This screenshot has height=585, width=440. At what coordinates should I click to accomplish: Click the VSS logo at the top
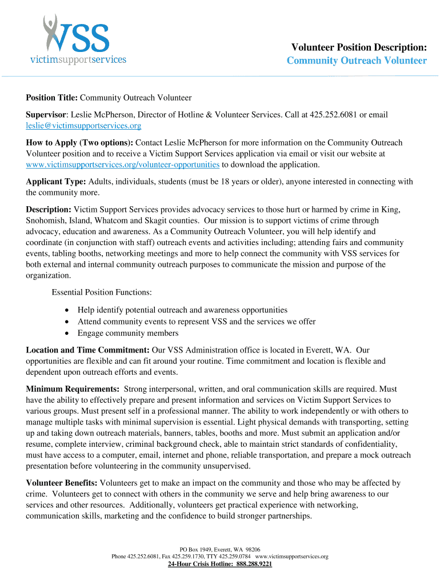click(78, 39)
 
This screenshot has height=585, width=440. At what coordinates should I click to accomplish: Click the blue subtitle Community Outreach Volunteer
click(357, 61)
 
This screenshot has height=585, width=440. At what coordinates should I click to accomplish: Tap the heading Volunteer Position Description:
click(359, 47)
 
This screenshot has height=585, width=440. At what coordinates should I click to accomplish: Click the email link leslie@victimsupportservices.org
click(83, 125)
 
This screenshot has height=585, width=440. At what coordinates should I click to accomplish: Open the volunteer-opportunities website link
click(123, 165)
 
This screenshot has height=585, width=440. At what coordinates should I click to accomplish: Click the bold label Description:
click(49, 210)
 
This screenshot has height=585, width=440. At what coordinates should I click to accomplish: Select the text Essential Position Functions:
click(102, 292)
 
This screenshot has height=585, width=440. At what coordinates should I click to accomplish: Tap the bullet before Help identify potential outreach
click(67, 310)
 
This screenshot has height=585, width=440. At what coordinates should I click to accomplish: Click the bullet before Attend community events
click(67, 322)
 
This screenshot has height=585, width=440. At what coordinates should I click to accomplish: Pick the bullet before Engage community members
click(67, 333)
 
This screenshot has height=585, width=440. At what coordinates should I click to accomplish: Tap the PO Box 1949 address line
click(220, 549)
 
